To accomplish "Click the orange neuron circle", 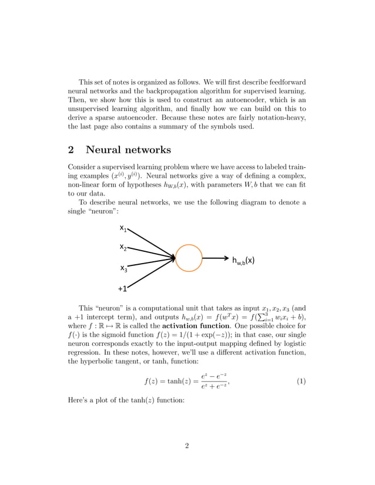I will click(189, 258).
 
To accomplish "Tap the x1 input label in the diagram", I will click(123, 228).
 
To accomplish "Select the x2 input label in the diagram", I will click(123, 247).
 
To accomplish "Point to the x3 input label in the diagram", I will click(124, 268).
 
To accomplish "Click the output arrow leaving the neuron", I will click(216, 258).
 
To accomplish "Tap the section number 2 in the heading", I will click(72, 150).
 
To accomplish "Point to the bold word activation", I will click(187, 325).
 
